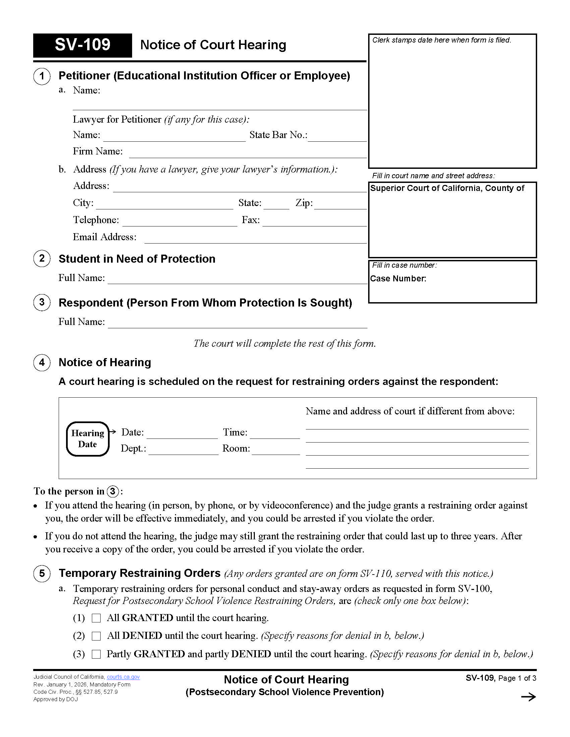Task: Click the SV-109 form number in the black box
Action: click(x=82, y=45)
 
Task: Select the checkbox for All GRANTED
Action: click(x=96, y=618)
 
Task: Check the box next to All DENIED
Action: click(x=96, y=636)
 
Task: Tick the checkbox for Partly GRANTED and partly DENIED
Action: click(x=96, y=654)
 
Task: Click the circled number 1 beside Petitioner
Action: click(x=42, y=76)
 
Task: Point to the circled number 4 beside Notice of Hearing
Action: click(x=42, y=362)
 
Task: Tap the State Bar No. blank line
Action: click(x=337, y=137)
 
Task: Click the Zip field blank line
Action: click(x=340, y=205)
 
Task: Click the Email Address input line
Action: click(x=255, y=239)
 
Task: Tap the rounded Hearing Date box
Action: click(x=88, y=439)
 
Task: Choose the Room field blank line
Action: click(x=276, y=451)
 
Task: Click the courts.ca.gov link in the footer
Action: click(x=123, y=677)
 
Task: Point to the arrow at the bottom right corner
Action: click(x=528, y=697)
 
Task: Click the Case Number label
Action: click(x=398, y=279)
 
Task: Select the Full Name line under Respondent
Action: click(x=237, y=324)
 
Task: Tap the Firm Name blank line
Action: click(x=247, y=154)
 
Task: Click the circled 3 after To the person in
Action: click(x=113, y=491)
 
